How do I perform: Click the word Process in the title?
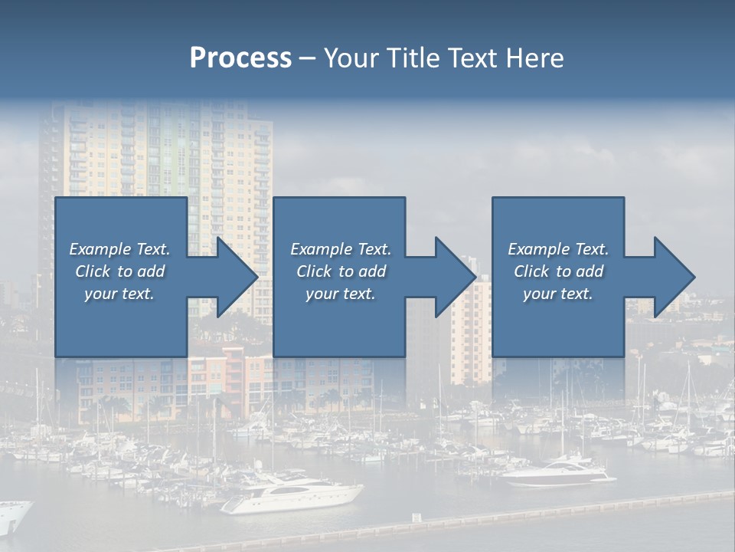[240, 58]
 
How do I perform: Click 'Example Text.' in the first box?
[120, 249]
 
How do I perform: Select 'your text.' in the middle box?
[340, 294]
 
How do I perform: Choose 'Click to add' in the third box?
[558, 271]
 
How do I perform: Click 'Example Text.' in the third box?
[558, 249]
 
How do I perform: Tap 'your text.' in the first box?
[120, 294]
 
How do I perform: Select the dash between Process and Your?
[307, 58]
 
